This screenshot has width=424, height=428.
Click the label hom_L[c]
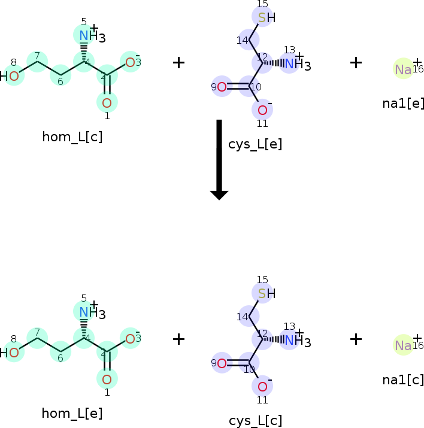point(72,136)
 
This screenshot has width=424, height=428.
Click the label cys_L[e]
point(255,144)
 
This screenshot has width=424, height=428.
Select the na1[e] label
point(403,103)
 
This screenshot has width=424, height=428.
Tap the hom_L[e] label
point(72,413)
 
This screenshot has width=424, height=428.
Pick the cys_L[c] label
point(255,420)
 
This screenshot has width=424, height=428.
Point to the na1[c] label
point(403,380)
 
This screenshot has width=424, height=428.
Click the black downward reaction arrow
point(219,159)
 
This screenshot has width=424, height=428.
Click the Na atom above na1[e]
point(403,69)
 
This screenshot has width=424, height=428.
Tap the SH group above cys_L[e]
point(266,17)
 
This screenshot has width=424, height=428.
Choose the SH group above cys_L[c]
point(266,293)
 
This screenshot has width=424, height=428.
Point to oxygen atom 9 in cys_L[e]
point(222,87)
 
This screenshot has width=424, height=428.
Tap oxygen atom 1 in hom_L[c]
point(107,102)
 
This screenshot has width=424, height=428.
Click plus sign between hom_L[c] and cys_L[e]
point(178,62)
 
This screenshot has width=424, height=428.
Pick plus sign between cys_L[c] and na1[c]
point(356,339)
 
